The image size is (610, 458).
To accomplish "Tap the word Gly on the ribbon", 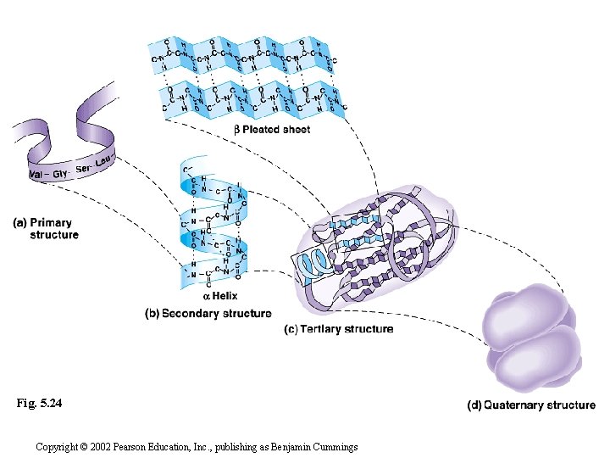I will pos(62,173).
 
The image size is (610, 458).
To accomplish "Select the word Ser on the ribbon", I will pos(84,169).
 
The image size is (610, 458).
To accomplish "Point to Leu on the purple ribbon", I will pos(104,161).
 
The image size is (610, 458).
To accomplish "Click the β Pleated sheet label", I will pos(272,130).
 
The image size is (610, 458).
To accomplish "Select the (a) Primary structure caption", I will pos(47,229).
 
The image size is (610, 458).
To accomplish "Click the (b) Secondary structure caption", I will pos(208,314).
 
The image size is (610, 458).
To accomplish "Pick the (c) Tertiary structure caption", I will pos(338,329).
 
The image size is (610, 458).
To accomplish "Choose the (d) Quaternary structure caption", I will pos(531,405).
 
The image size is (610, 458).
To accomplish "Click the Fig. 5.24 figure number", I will pos(39,404).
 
